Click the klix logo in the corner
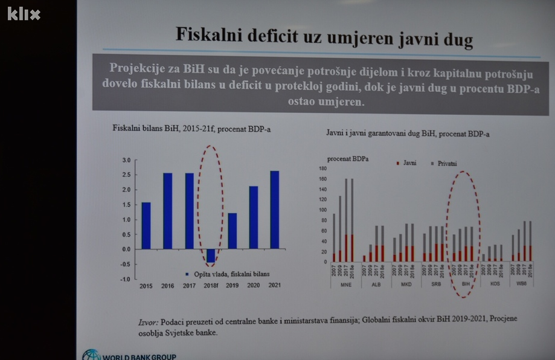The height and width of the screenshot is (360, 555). click(x=24, y=13)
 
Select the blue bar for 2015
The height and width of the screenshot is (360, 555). click(x=146, y=225)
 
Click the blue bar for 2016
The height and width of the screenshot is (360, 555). click(x=167, y=211)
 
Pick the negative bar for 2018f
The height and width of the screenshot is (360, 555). click(x=211, y=256)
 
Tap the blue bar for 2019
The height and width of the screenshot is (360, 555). click(x=233, y=231)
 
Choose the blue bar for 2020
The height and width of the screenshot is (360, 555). click(x=254, y=217)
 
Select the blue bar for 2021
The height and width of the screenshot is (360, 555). click(x=275, y=210)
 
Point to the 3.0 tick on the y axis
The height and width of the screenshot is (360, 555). click(x=126, y=160)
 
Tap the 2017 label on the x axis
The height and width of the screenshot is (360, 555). click(x=189, y=285)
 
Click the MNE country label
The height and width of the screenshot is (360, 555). click(x=345, y=283)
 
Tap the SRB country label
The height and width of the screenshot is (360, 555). click(x=435, y=283)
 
